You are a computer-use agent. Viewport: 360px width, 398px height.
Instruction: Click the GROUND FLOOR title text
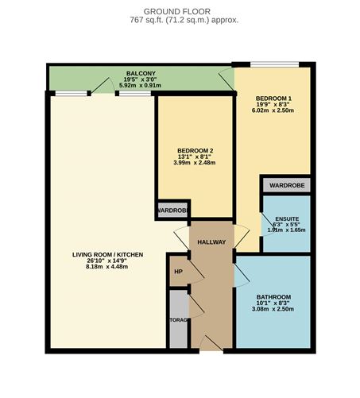point(180,10)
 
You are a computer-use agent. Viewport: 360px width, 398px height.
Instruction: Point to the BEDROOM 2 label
point(195,151)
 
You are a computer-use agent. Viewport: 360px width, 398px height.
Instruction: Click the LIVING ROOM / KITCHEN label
point(107,255)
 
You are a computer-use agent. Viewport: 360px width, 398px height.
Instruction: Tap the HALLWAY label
point(212,242)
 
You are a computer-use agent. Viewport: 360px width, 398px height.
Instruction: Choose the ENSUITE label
point(286,218)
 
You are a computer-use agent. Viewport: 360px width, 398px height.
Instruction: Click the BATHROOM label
point(273,297)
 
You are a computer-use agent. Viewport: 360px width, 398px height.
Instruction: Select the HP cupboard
point(178,271)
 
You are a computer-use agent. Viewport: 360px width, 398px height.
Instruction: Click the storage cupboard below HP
point(178,319)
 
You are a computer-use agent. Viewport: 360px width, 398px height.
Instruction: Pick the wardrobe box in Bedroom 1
point(286,185)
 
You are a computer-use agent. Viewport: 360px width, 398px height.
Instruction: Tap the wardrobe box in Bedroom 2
point(172,211)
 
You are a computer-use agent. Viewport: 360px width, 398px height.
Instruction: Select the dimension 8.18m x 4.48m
point(107,267)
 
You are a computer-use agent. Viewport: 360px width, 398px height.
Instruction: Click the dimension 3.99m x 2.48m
point(195,163)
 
